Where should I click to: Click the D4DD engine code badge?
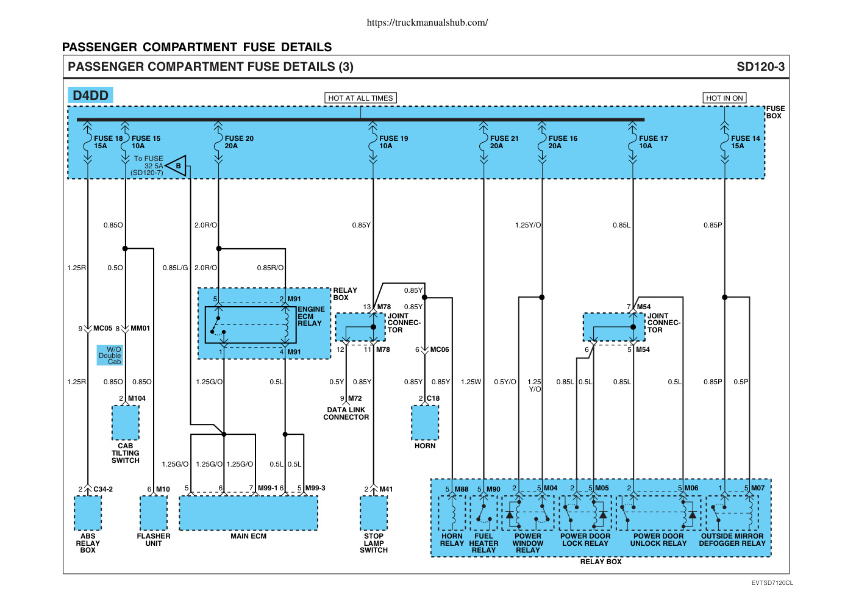(x=90, y=95)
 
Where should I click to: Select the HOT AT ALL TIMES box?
(x=360, y=98)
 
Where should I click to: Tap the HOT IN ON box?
(x=724, y=98)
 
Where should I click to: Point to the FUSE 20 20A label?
(x=239, y=142)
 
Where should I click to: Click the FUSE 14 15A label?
(x=746, y=142)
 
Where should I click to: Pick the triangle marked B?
(x=177, y=166)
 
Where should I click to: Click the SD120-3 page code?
(x=760, y=67)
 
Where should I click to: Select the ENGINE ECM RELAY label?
(x=311, y=316)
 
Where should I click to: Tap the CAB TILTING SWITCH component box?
(x=126, y=423)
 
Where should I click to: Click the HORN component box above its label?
(x=425, y=423)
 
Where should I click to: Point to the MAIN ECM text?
(x=248, y=536)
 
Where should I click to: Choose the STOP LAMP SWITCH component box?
(x=374, y=513)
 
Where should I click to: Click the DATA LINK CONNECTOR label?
(x=346, y=413)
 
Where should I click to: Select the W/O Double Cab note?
(x=110, y=356)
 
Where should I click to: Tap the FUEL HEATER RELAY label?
(x=483, y=543)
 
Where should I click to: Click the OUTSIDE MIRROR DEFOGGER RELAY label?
(x=732, y=540)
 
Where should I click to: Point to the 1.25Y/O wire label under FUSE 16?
(x=528, y=225)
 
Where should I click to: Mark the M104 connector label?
(x=137, y=398)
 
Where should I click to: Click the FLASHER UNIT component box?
(x=154, y=513)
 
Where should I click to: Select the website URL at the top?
(x=427, y=23)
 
